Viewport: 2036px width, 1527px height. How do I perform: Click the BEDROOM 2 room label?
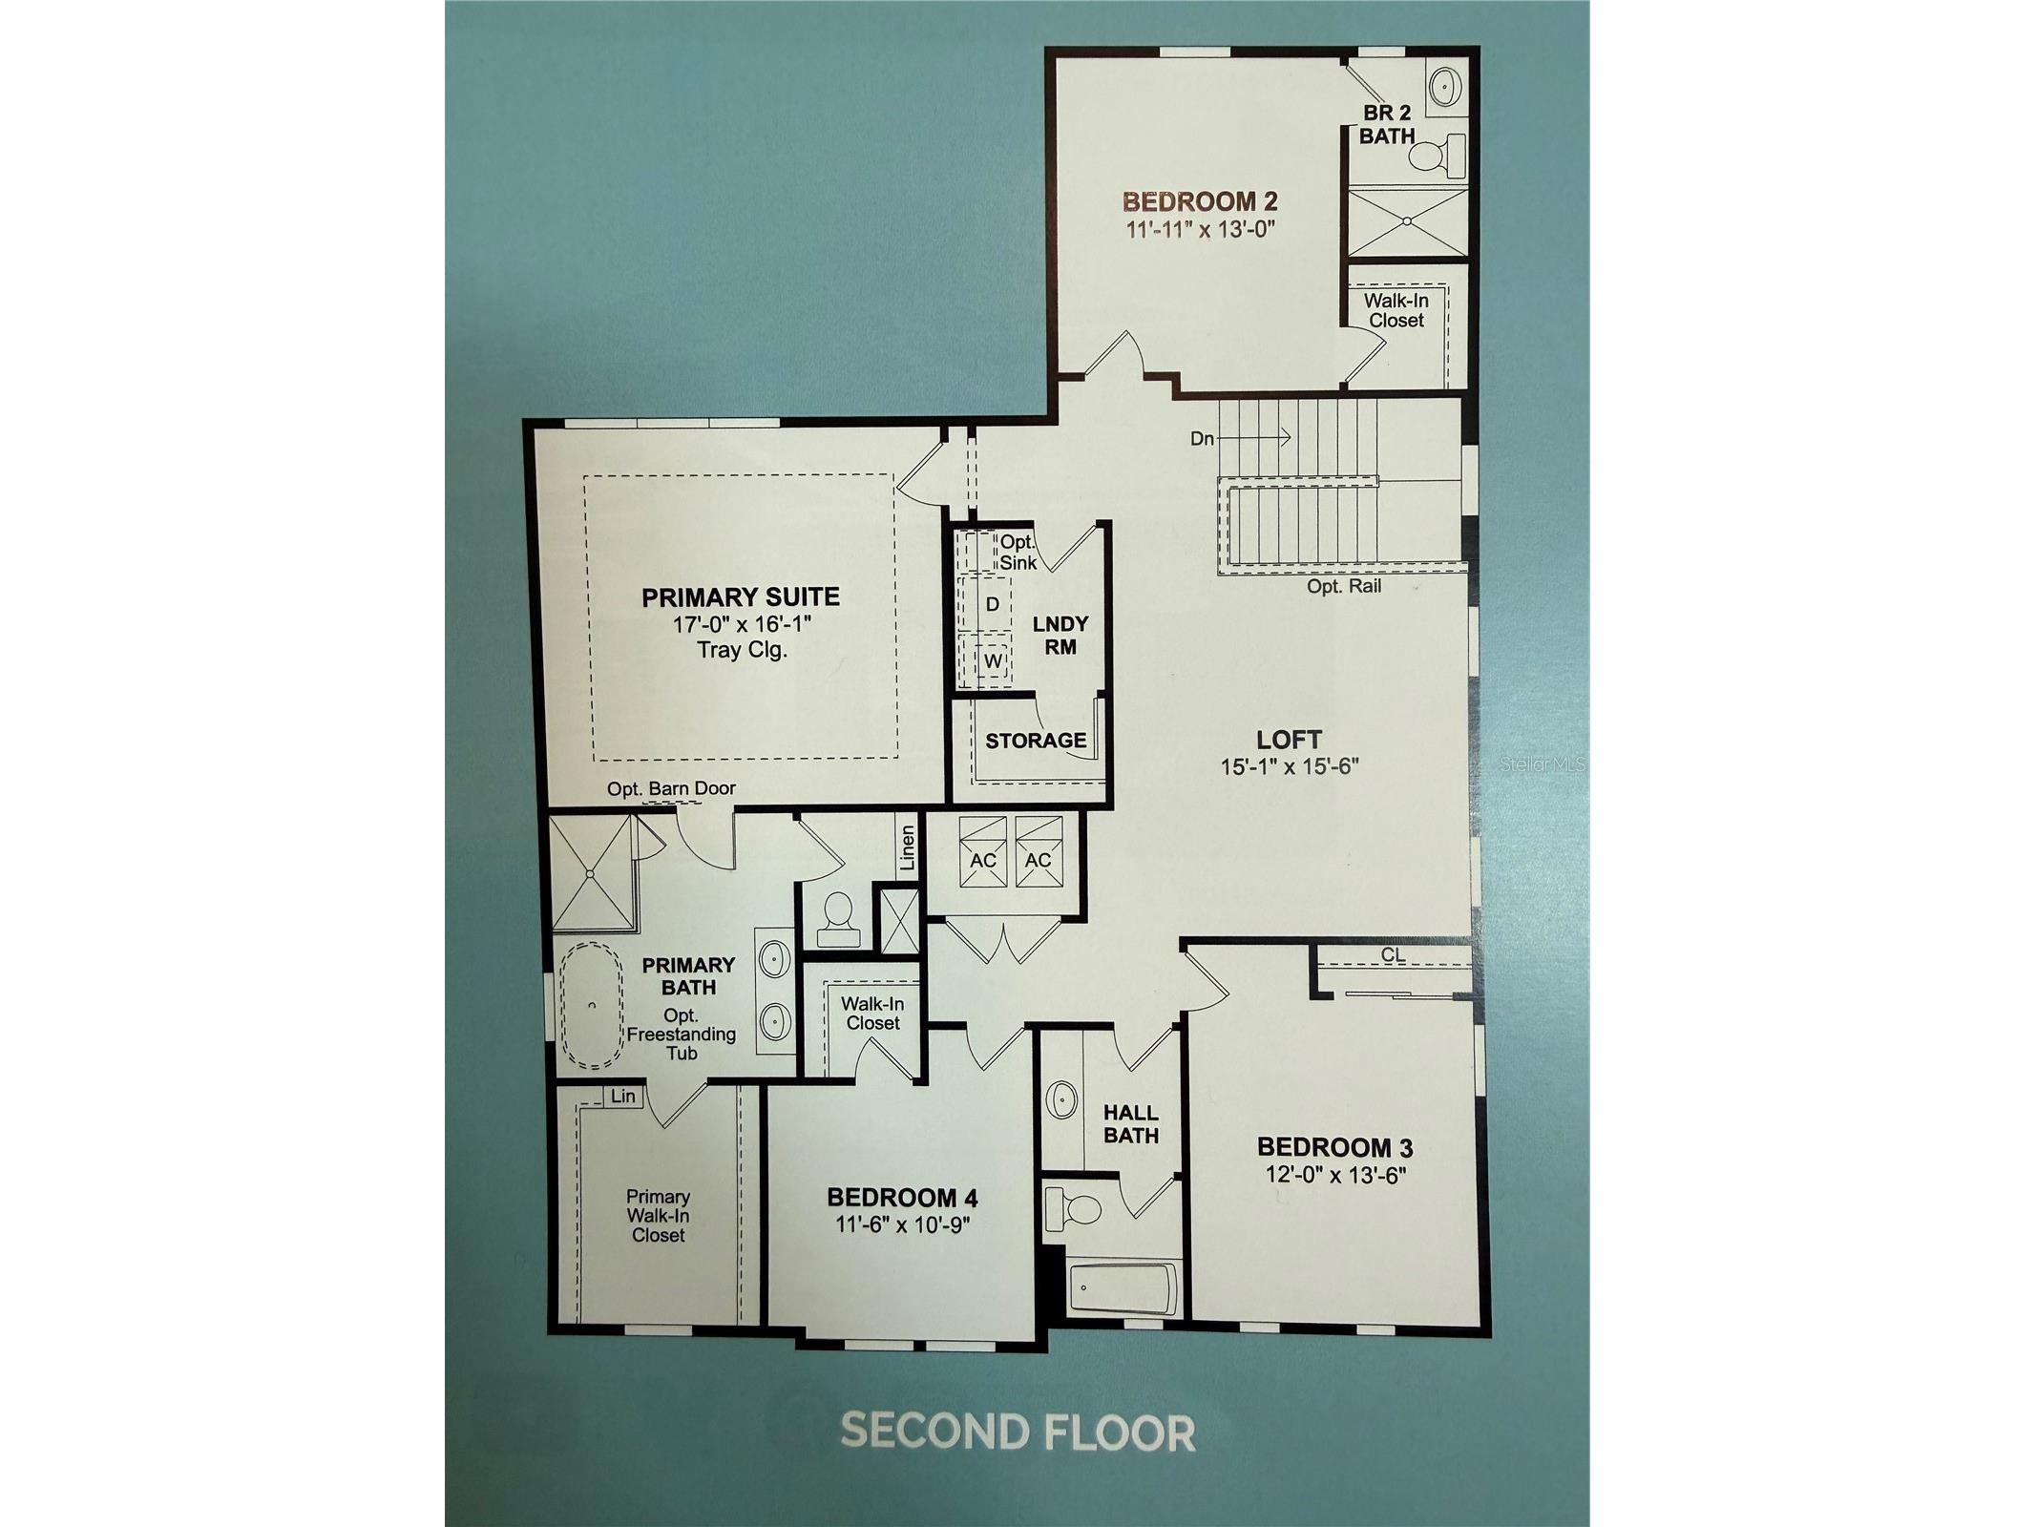pyautogui.click(x=1200, y=201)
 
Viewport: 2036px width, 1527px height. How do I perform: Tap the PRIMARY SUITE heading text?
pyautogui.click(x=741, y=597)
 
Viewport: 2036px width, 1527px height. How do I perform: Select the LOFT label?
pyautogui.click(x=1289, y=739)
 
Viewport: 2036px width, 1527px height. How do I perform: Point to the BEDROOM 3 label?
pyautogui.click(x=1334, y=1146)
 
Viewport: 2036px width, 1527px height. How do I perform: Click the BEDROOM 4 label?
pyautogui.click(x=902, y=1197)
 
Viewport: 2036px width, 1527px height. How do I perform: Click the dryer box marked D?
pyautogui.click(x=992, y=604)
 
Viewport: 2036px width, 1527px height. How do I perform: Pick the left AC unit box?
pyautogui.click(x=982, y=851)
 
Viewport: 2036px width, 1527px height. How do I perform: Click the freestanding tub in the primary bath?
pyautogui.click(x=590, y=1006)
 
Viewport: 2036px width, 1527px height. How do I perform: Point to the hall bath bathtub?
pyautogui.click(x=1123, y=1288)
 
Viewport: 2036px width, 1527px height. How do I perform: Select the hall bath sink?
pyautogui.click(x=1061, y=1099)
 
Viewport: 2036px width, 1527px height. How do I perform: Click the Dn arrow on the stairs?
pyautogui.click(x=1252, y=438)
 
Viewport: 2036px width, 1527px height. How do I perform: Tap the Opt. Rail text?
pyautogui.click(x=1344, y=586)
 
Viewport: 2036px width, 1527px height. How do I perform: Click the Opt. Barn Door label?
pyautogui.click(x=671, y=788)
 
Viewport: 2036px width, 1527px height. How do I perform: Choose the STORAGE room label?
pyautogui.click(x=1036, y=740)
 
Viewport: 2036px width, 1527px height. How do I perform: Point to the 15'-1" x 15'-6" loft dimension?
pyautogui.click(x=1289, y=766)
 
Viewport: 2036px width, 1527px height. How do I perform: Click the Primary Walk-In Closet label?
pyautogui.click(x=658, y=1216)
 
